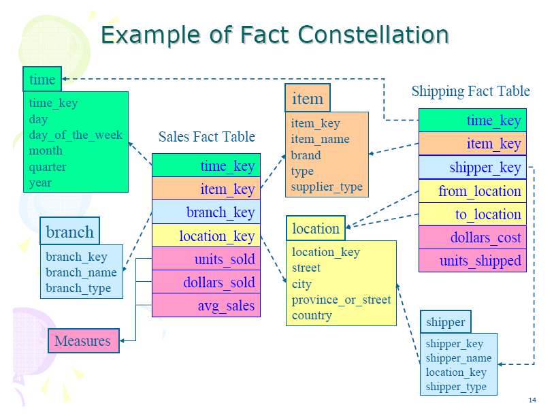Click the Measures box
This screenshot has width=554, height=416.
(83, 340)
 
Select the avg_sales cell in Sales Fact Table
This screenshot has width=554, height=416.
(206, 306)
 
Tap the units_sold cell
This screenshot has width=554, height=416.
(206, 259)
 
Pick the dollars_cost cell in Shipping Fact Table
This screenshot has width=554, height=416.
(472, 238)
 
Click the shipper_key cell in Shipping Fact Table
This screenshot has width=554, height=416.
(472, 167)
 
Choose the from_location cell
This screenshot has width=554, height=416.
(472, 191)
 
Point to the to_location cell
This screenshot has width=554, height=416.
(472, 214)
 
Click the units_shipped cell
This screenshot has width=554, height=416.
(472, 261)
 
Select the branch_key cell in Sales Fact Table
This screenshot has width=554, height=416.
(206, 212)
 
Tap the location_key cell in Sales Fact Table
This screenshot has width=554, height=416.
(206, 236)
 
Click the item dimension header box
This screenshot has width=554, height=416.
(307, 98)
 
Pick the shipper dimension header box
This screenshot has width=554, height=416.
(445, 322)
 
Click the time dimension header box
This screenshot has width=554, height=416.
(42, 79)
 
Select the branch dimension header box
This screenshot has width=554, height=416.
(69, 231)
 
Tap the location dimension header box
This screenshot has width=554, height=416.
(316, 229)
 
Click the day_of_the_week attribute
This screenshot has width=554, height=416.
(76, 135)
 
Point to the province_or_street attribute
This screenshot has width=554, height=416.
(341, 300)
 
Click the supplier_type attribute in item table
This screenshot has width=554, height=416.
(327, 187)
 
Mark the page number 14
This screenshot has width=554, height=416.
(533, 400)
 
